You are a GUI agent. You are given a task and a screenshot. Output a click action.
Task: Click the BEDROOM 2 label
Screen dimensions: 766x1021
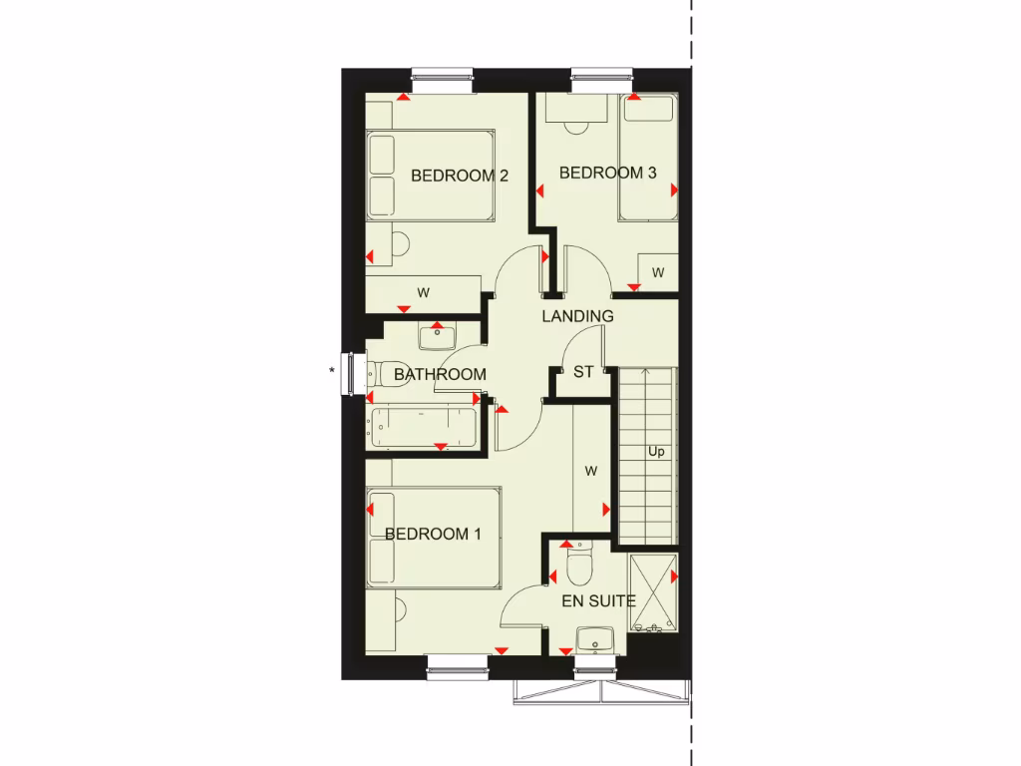click(x=460, y=177)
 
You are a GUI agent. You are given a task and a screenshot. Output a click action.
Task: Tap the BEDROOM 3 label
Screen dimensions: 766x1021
click(x=607, y=173)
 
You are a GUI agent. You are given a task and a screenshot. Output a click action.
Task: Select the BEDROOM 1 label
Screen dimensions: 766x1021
click(x=433, y=535)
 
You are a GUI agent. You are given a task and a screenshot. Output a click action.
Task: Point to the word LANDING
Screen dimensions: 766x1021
click(x=577, y=316)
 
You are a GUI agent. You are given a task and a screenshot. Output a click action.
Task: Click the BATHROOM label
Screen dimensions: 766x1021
click(x=440, y=375)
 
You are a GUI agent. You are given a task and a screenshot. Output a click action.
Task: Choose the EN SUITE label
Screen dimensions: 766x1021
click(x=598, y=600)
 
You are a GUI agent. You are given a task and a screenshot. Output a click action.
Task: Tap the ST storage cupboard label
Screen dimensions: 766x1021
click(x=583, y=372)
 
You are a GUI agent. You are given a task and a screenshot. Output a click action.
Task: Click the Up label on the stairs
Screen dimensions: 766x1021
click(x=656, y=451)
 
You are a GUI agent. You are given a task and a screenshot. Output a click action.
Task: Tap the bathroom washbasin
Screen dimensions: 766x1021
click(x=436, y=336)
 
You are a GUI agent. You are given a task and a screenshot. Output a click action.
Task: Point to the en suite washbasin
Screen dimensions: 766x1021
click(x=595, y=639)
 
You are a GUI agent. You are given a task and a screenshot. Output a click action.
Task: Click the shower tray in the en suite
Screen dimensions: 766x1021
click(x=653, y=592)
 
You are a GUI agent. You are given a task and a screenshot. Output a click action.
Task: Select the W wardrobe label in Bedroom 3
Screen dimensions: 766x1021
click(x=657, y=272)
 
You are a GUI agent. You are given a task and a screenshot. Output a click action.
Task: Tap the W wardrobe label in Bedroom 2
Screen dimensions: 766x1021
click(x=423, y=293)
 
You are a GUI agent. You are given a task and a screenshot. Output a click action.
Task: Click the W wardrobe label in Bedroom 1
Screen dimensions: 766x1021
click(x=590, y=471)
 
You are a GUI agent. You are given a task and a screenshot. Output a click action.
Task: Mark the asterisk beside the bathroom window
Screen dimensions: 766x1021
click(x=331, y=371)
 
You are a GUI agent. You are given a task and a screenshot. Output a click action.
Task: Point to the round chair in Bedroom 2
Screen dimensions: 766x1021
click(x=400, y=244)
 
